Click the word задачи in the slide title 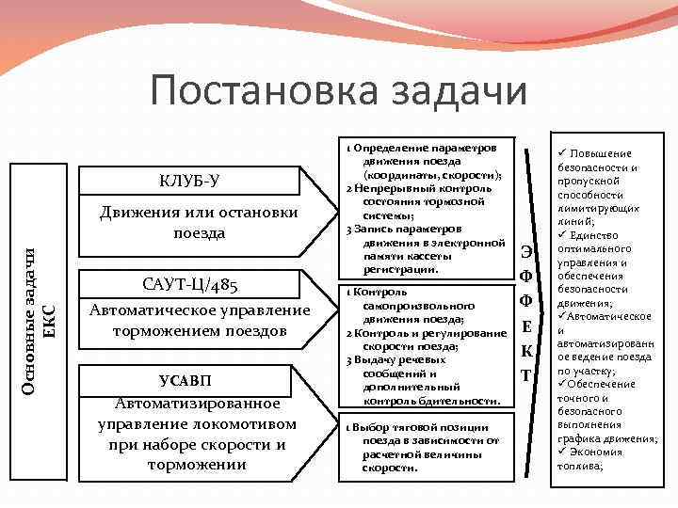(460, 91)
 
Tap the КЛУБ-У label (191, 180)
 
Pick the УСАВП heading (198, 380)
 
